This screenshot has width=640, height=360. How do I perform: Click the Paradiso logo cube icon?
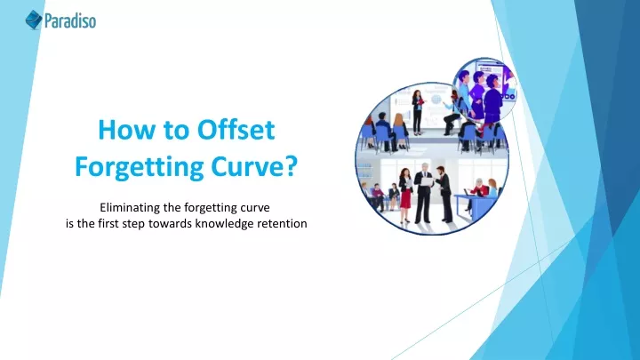(x=34, y=20)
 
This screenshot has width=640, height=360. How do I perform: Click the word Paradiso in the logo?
(x=70, y=20)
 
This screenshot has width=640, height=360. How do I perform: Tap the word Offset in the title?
(x=236, y=130)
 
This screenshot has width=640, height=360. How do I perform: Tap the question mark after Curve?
(x=291, y=166)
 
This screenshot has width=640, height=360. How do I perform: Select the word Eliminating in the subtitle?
(x=130, y=207)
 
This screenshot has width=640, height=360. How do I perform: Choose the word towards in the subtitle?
(x=170, y=224)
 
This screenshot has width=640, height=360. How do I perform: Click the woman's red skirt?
(x=405, y=199)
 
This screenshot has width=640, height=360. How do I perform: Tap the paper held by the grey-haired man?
(x=427, y=181)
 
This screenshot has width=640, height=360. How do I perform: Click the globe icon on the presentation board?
(x=436, y=100)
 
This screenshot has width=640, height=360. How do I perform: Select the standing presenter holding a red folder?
(x=417, y=112)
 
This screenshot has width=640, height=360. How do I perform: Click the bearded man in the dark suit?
(x=444, y=194)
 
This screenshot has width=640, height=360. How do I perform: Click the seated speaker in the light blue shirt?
(x=452, y=112)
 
